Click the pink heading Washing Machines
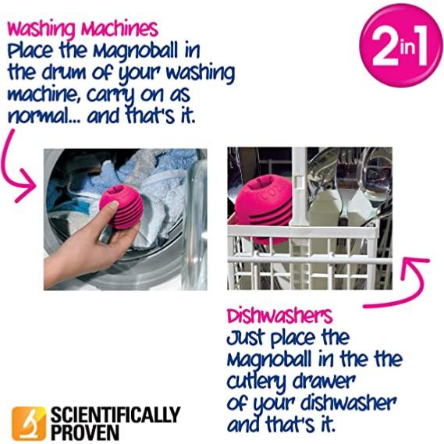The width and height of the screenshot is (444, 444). pos(82,30)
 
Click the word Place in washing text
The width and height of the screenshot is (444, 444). pos(31,52)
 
